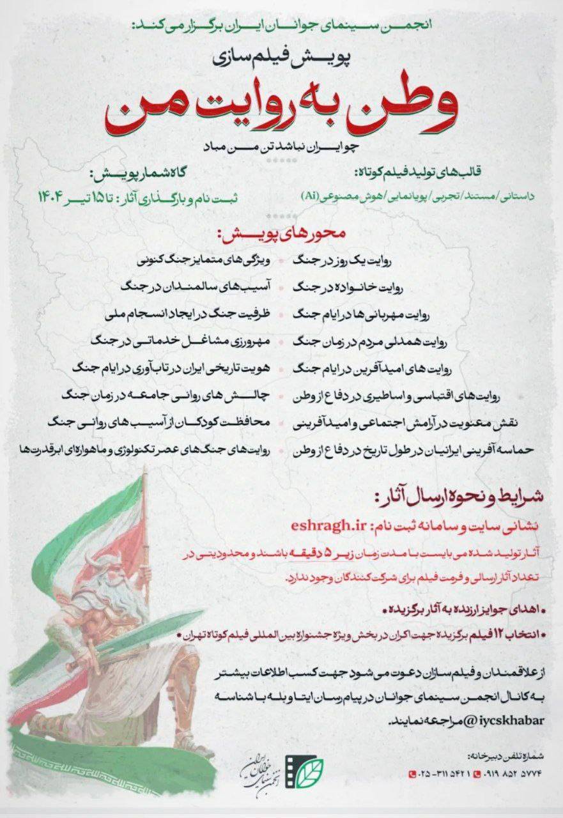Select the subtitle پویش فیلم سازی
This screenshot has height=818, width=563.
pyautogui.click(x=281, y=58)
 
